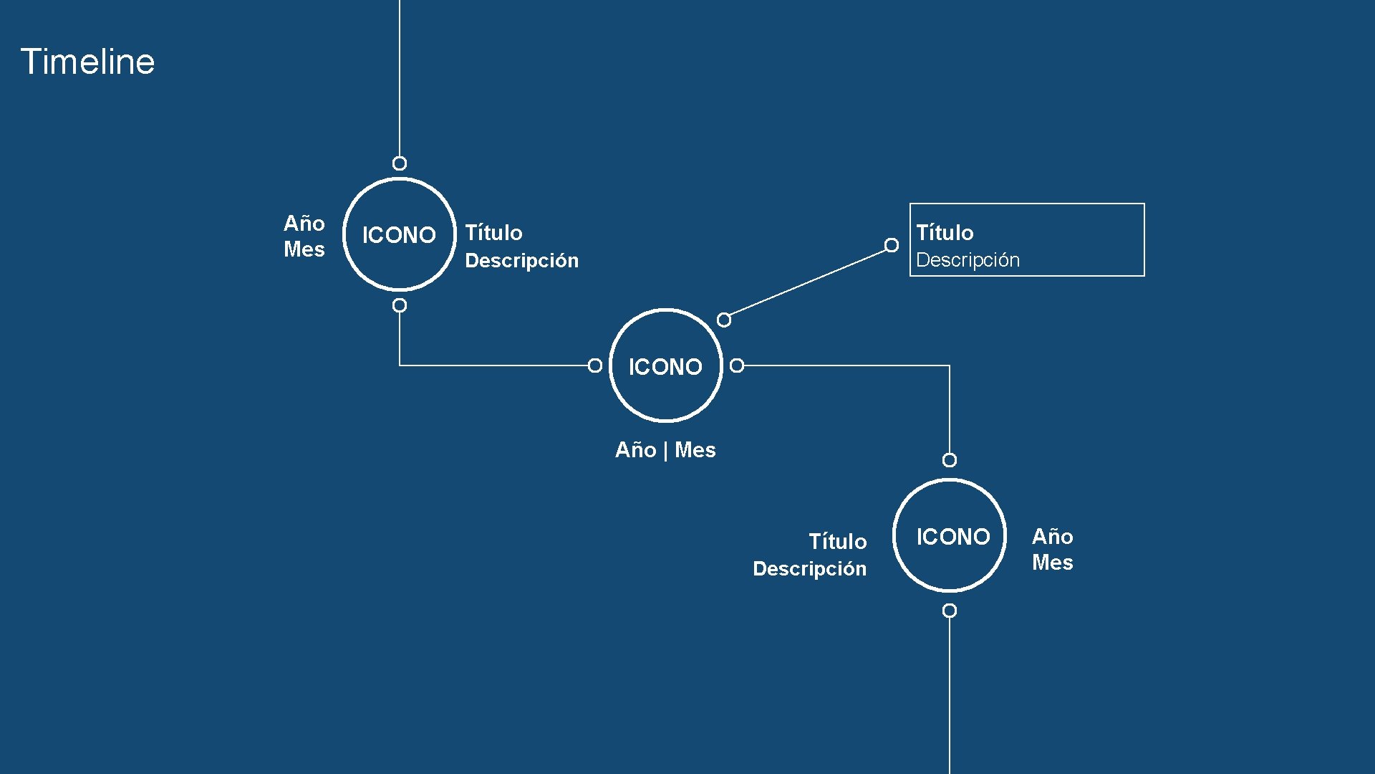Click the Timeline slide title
coord(87,62)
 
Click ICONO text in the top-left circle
coord(399,235)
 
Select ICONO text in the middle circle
coord(665,367)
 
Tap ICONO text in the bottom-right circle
coord(953,537)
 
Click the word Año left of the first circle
coord(304,224)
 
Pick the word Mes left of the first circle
coord(304,249)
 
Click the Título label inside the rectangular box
coord(945,233)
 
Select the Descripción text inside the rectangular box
coord(968,260)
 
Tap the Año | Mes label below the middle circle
coord(665,450)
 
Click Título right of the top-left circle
coord(493,233)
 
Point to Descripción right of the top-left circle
coord(521,261)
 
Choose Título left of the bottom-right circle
coord(837,542)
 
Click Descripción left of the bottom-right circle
coord(809,569)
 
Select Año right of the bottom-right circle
coord(1052,537)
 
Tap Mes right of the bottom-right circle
coord(1052,563)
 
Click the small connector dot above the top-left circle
coord(400,163)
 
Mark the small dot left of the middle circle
coord(594,365)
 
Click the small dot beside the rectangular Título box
coord(892,245)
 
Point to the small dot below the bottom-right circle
coord(950,611)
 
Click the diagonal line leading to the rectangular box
coord(808,282)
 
